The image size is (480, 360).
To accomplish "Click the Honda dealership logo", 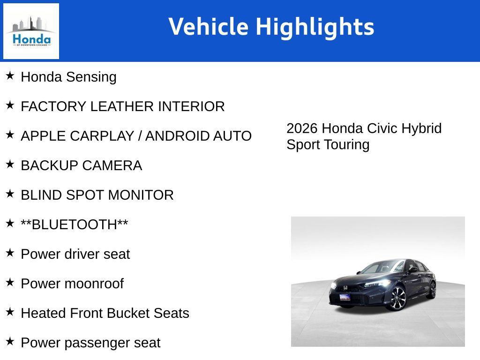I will point(31,31).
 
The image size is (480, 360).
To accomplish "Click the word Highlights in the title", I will point(315,27).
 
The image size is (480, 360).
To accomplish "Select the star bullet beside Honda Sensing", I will point(10,75).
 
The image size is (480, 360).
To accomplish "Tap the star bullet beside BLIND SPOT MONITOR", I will point(10,194).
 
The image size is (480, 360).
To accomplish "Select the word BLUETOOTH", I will point(74,225).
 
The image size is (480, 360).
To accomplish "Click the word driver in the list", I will point(82,255).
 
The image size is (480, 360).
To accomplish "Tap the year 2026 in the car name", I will point(302,128).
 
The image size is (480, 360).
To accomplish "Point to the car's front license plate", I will point(345,297).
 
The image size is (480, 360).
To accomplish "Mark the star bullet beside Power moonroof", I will point(10,282).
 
